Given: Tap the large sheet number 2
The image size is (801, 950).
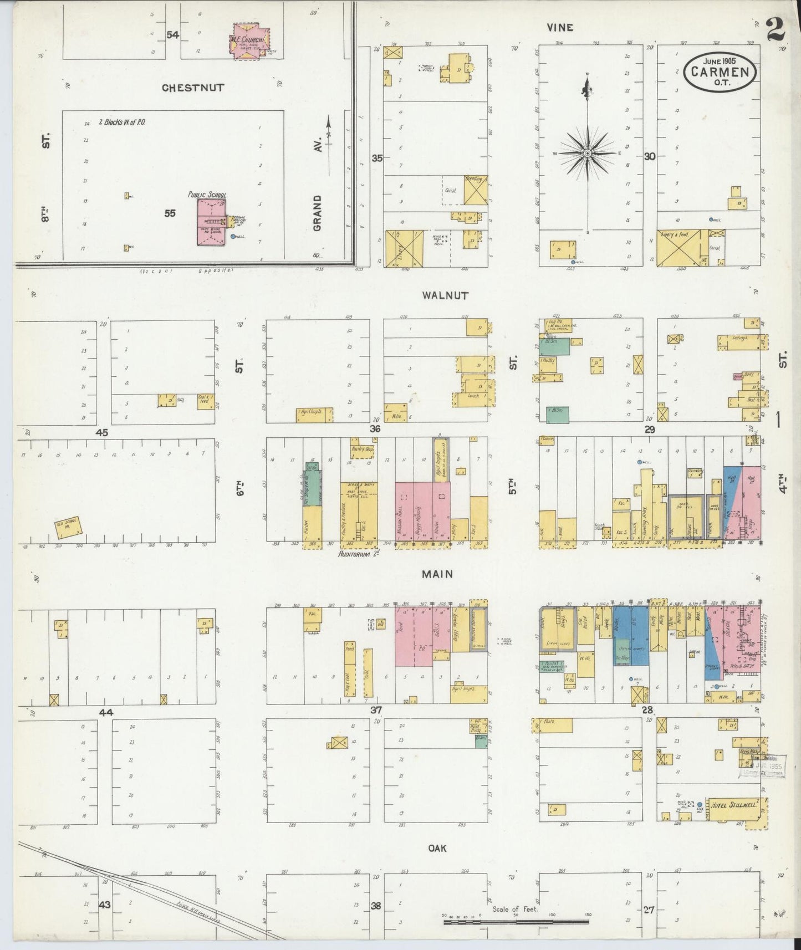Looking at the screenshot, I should point(776,30).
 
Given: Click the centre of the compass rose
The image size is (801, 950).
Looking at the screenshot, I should point(587,153).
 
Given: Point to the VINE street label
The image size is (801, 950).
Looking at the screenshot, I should point(559,27).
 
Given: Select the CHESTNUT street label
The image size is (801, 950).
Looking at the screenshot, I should point(193,88).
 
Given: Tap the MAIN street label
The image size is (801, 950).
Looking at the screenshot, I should point(437,574).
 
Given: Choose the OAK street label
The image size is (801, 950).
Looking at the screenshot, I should point(437,848).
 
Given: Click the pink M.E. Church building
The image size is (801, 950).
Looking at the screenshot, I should point(249,40).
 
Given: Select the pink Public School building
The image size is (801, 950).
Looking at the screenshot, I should point(211,222).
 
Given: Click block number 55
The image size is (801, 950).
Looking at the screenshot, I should point(170,213).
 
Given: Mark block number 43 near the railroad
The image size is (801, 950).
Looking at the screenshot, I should point(105,905).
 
